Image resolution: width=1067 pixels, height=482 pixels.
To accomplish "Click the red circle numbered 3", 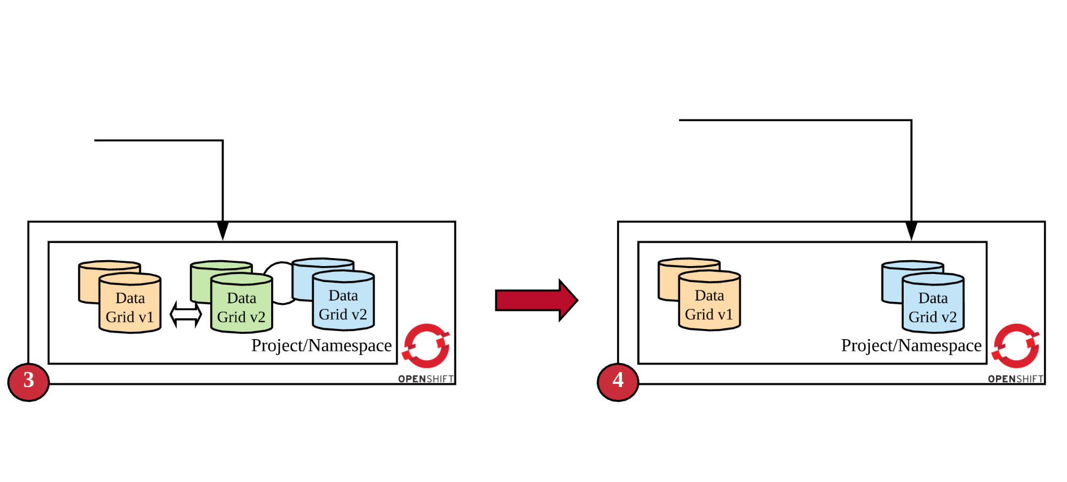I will pos(28,382).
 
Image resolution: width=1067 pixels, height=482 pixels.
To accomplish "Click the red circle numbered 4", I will pos(618,382).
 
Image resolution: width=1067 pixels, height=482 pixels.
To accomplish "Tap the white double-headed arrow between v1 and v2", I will pos(185,314).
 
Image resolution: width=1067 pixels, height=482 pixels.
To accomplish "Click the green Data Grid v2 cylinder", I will pos(241,304).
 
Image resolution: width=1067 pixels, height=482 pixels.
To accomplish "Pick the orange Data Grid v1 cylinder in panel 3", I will pos(130,304).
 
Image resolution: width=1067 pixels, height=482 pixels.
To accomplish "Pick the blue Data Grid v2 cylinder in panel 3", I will pos(343,302).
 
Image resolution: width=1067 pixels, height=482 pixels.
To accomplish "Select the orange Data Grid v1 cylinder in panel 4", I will pos(709,302).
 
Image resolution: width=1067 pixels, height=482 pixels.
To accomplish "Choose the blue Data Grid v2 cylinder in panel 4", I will pos(932,304).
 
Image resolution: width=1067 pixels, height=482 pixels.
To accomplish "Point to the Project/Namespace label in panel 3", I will pos(321,346).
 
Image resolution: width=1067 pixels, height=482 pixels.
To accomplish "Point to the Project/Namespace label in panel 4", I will pos(911,346).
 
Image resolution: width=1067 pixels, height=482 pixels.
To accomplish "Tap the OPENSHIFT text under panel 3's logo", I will pos(426,379).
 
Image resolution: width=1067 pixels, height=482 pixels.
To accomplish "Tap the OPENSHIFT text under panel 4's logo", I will pos(1015,379).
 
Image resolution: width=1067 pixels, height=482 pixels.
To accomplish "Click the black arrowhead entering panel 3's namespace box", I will pos(223,230).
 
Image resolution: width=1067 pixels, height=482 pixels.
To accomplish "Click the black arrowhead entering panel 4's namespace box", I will pos(911,230).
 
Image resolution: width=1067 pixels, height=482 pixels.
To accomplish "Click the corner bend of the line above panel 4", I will pos(911,120).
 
